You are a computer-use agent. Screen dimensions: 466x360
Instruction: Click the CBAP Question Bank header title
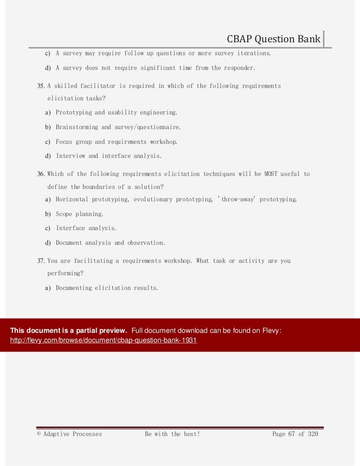[273, 39]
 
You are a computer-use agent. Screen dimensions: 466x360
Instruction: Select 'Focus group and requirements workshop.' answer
[116, 142]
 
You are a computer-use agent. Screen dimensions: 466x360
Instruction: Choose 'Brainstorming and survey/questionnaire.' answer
[118, 128]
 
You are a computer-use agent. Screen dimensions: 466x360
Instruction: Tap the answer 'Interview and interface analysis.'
[108, 156]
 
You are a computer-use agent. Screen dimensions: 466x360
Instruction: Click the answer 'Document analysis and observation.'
[110, 243]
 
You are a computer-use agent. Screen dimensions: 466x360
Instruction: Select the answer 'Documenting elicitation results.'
[107, 288]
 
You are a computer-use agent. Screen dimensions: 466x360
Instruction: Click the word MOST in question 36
[271, 174]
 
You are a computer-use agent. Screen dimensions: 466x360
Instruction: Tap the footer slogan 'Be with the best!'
[172, 434]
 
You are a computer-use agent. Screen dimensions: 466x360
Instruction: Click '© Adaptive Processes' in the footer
[69, 434]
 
